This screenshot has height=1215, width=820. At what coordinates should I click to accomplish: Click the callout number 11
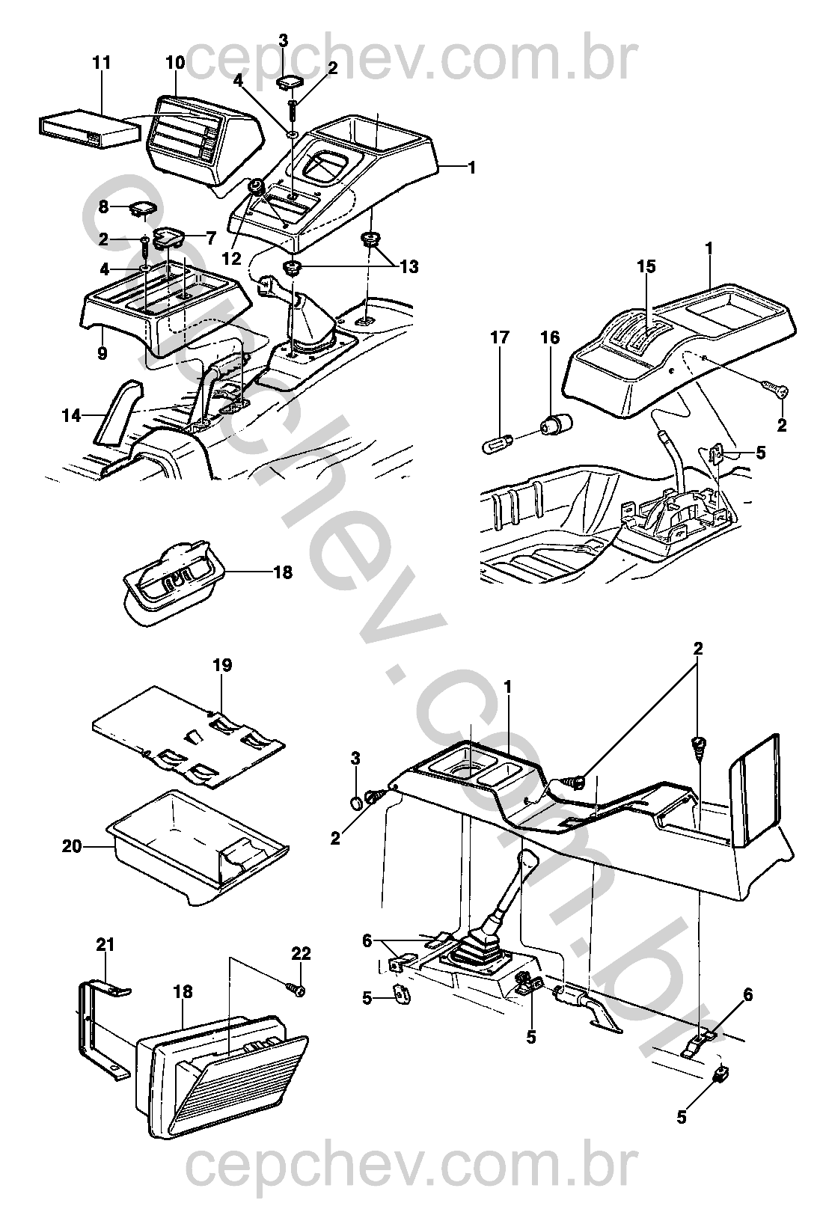[x=102, y=63]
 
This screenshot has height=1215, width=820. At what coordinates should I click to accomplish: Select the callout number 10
[x=175, y=63]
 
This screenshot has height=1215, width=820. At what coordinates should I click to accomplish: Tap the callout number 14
[x=71, y=415]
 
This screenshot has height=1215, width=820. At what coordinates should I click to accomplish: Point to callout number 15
[x=646, y=266]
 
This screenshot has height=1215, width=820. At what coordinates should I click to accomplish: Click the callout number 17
[x=500, y=338]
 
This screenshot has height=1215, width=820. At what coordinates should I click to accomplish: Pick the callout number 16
[x=550, y=338]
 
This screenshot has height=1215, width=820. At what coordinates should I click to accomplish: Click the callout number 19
[x=222, y=665]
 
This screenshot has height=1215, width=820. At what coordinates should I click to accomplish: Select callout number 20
[x=72, y=847]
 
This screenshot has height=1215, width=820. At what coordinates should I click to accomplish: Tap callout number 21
[x=105, y=945]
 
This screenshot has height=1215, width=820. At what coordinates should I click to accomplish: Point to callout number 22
[x=301, y=954]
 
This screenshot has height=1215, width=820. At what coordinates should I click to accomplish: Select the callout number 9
[x=102, y=353]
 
